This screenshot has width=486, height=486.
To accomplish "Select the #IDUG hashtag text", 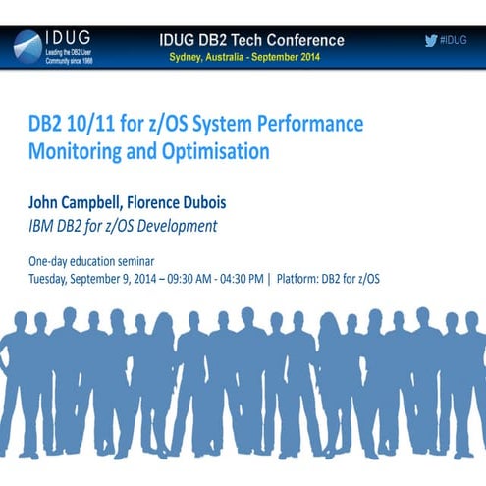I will (453, 40).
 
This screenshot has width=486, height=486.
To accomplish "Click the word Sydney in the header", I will (190, 56).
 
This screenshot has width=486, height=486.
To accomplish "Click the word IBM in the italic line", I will (44, 227).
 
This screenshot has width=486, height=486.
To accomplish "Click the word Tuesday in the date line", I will (51, 279).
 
